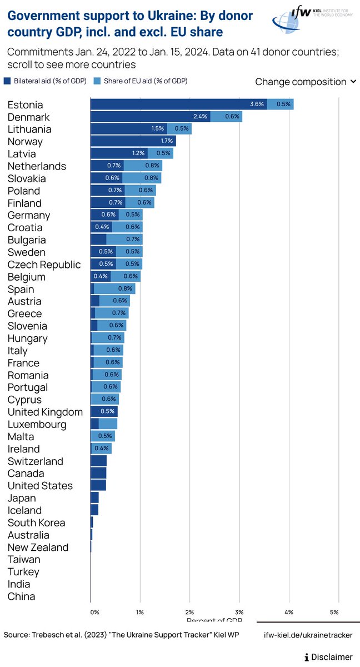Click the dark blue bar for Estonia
178,104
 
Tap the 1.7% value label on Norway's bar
167,141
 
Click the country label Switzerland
36,461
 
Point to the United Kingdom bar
104,411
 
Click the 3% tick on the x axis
240,611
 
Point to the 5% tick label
334,611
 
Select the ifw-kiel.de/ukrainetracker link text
308,635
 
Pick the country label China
22,596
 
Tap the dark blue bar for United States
98,485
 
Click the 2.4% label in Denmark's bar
199,117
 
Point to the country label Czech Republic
44,265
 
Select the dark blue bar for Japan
94,497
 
